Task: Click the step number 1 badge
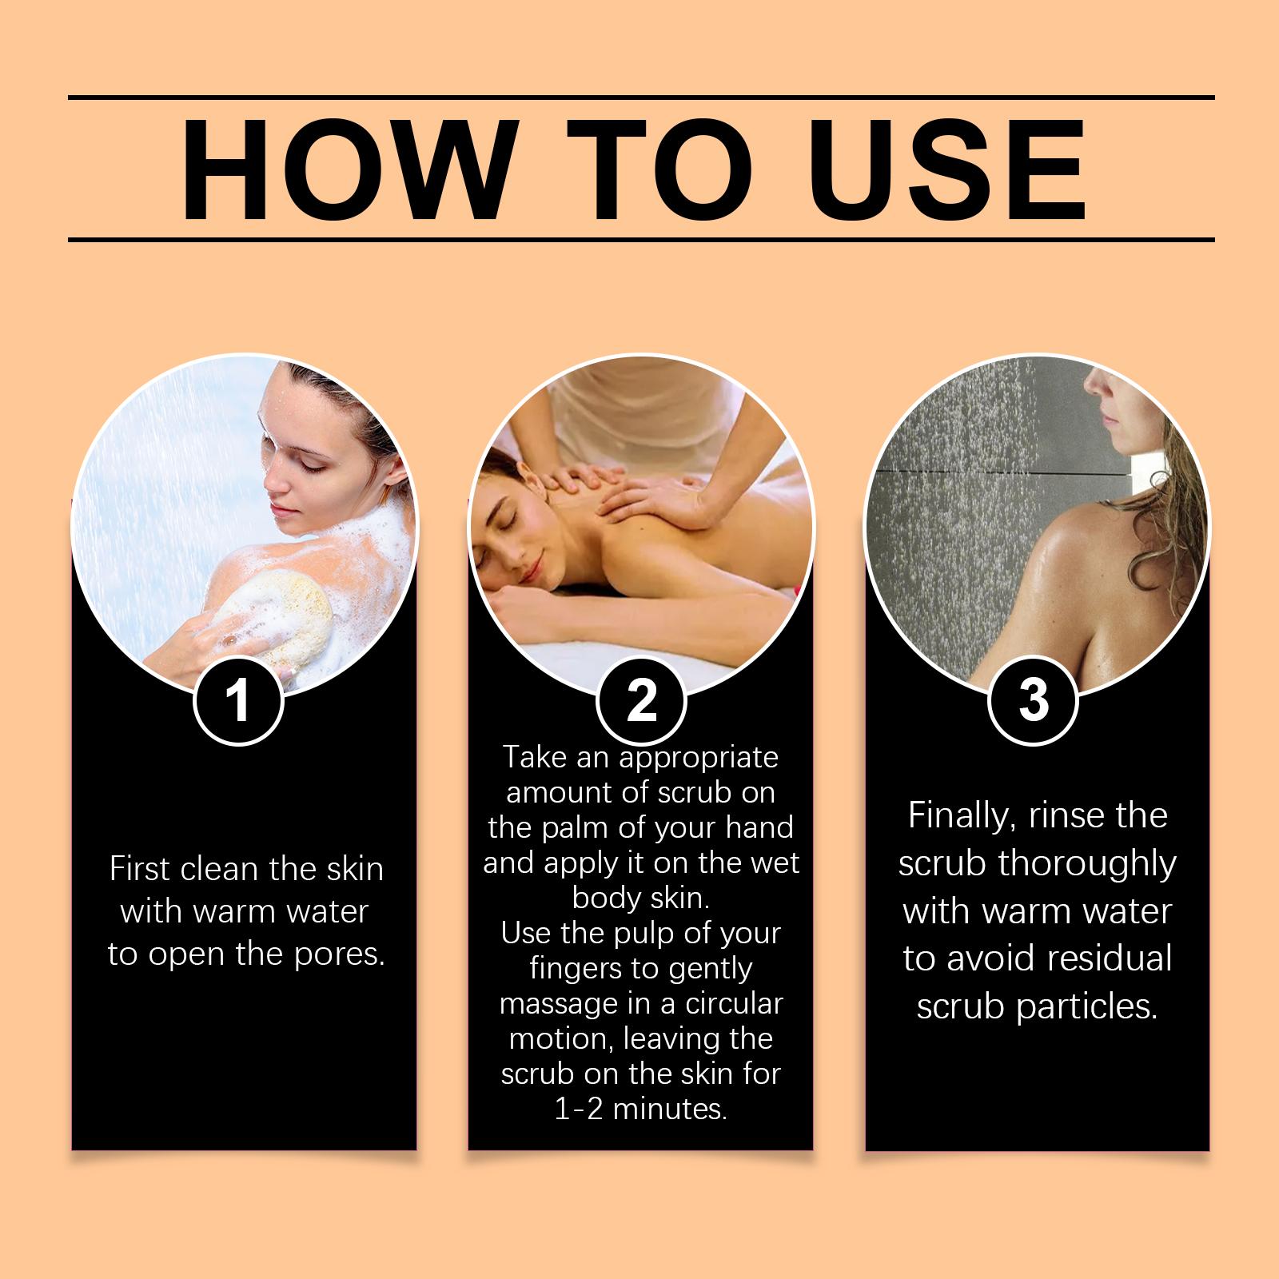pyautogui.click(x=238, y=700)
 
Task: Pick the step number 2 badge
pyautogui.click(x=641, y=700)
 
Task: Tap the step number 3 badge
pyautogui.click(x=1034, y=700)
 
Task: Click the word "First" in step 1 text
pyautogui.click(x=141, y=869)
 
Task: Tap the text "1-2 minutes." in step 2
pyautogui.click(x=641, y=1110)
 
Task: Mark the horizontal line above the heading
pyautogui.click(x=641, y=98)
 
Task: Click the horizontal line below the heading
pyautogui.click(x=641, y=239)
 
